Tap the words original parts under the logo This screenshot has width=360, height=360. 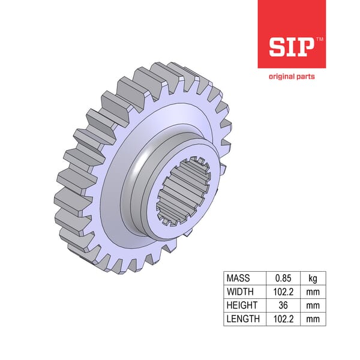[x=291, y=76]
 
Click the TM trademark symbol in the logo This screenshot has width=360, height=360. [x=319, y=38]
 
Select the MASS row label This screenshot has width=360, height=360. [x=238, y=278]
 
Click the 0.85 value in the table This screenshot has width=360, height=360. [x=282, y=278]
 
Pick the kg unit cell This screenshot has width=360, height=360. [x=313, y=278]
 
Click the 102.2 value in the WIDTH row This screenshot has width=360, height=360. [x=282, y=292]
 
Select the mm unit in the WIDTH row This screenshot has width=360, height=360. [x=313, y=292]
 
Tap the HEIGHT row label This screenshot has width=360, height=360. [x=241, y=305]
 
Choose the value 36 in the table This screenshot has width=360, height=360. [x=282, y=305]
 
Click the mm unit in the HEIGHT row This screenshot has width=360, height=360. [x=313, y=305]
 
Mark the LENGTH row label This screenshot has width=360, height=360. [x=242, y=319]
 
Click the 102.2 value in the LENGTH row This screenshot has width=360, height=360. [x=282, y=319]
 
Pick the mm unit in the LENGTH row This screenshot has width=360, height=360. [x=313, y=319]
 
